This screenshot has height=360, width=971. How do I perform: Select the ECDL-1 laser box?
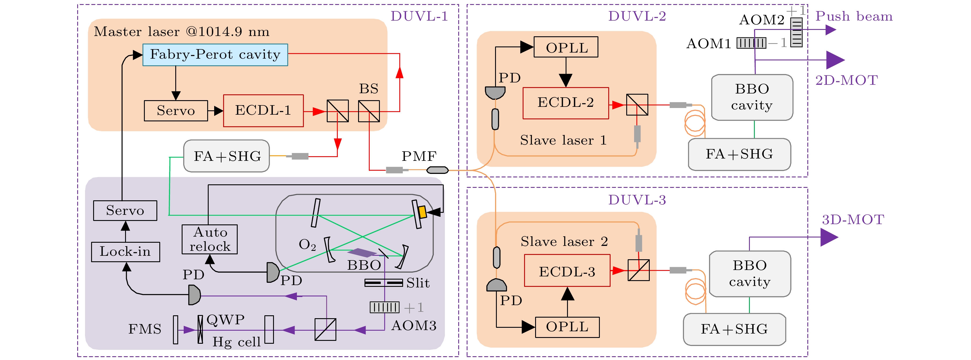coord(263,110)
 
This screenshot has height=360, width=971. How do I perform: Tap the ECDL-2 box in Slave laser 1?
coord(565,103)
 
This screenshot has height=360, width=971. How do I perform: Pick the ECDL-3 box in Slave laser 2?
coord(567,271)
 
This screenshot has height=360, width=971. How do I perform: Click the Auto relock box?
coord(210,240)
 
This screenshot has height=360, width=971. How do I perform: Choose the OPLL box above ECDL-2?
coord(566,47)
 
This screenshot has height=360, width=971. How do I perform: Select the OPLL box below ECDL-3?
coord(567,327)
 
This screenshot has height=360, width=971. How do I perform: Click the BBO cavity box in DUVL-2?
coord(752,97)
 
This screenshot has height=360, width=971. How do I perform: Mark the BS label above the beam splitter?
coord(368,89)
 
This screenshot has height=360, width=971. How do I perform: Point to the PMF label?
coord(419,156)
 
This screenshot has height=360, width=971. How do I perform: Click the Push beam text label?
coord(854,17)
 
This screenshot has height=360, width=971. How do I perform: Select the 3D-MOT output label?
coord(853,220)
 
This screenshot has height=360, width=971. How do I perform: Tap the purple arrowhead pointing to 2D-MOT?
coord(835,60)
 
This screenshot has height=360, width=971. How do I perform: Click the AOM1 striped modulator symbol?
coord(751,43)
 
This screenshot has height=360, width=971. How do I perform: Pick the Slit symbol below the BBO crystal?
coord(383,282)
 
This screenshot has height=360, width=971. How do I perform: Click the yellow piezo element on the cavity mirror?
coord(422,212)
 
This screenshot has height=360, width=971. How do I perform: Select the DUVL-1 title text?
coord(419,16)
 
